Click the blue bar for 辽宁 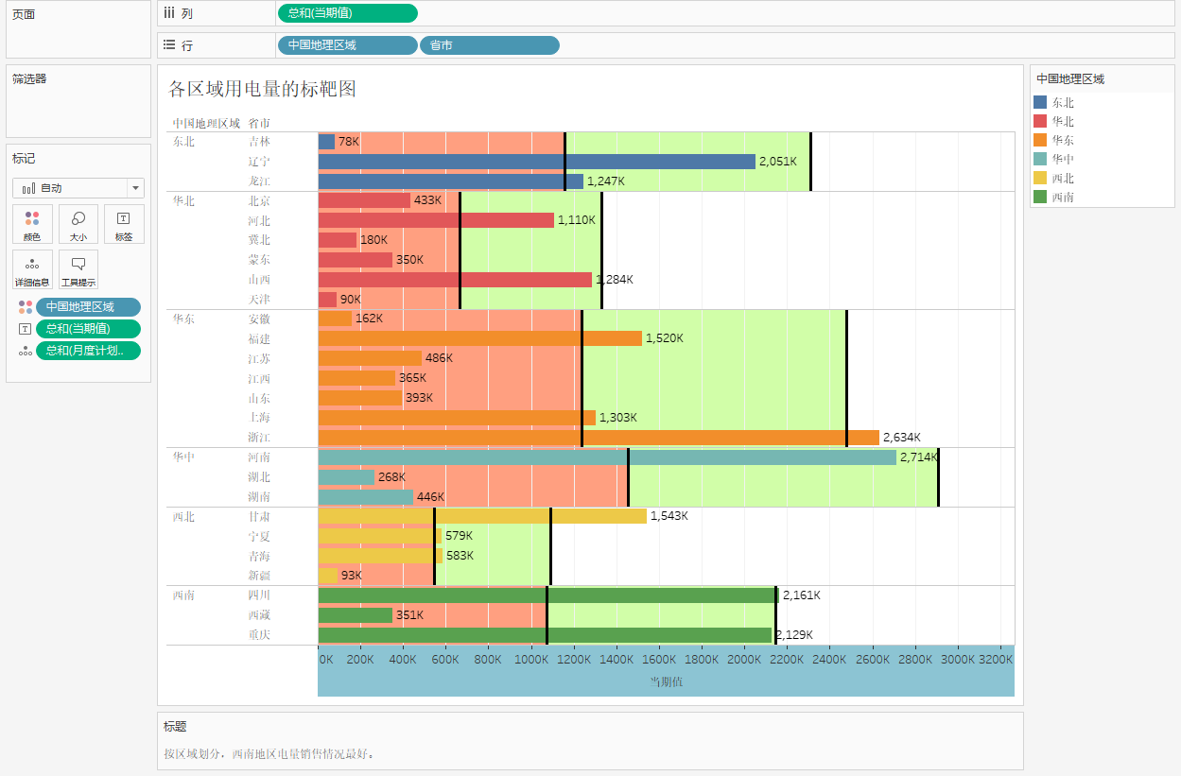537,162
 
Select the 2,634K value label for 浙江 901,438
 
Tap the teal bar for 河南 607,457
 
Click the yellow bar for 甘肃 482,516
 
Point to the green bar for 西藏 355,615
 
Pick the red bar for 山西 455,280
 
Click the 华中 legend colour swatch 1041,159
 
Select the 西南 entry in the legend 1062,197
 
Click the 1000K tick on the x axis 530,659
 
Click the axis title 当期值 666,681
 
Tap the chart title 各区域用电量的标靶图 262,89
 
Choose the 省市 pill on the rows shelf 489,45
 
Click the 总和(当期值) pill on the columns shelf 347,13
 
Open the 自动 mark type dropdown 78,188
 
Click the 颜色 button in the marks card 32,225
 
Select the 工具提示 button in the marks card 78,269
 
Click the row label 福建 259,338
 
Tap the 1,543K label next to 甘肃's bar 669,516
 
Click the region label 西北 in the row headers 183,517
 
